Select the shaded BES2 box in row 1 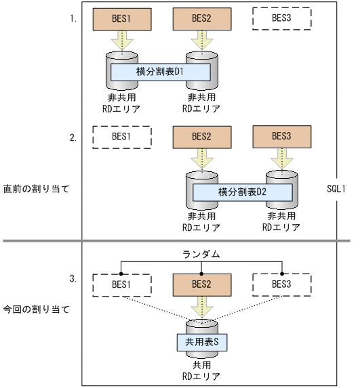[x=202, y=19]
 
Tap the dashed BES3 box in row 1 [x=281, y=19]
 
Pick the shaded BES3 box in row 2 [x=281, y=136]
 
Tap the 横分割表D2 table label [x=242, y=192]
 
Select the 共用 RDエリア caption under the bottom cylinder [x=202, y=370]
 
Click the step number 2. [x=73, y=137]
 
